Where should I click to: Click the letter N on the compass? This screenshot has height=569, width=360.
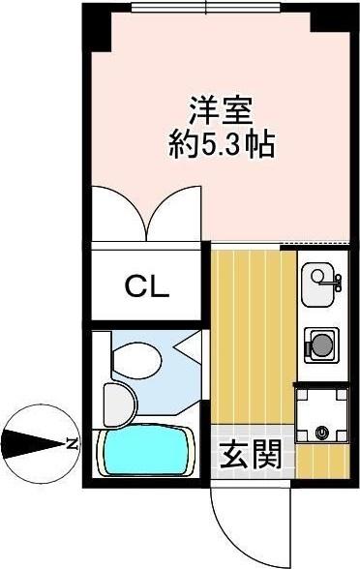[x=71, y=444]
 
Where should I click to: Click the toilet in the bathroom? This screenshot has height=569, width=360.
[x=136, y=357]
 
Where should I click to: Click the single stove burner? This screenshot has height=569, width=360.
[x=319, y=344]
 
